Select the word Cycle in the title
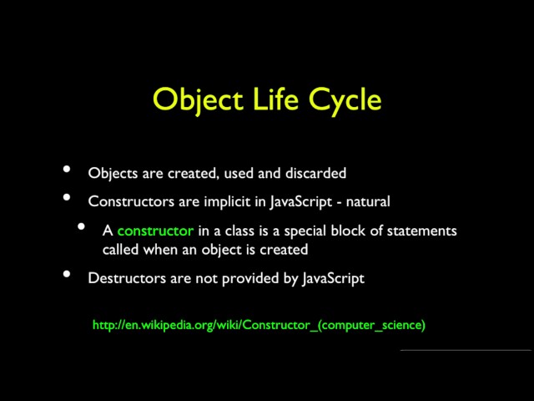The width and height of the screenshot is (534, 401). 345,99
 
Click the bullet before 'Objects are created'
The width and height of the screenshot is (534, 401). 67,170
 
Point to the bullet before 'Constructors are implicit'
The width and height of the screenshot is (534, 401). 67,199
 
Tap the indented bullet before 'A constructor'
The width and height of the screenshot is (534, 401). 82,227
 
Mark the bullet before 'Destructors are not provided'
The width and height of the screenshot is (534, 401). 67,276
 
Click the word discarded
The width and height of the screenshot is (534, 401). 316,173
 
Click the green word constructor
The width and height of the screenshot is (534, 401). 155,230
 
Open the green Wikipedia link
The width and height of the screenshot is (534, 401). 259,325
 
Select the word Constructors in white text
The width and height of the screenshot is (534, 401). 127,201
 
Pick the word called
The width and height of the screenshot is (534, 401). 120,249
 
